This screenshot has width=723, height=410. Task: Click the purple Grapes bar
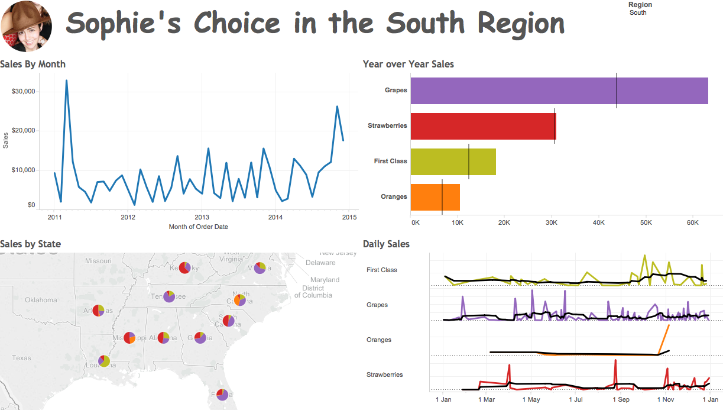point(559,91)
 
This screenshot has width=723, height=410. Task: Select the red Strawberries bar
point(483,126)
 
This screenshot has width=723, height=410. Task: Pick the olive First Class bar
point(453,162)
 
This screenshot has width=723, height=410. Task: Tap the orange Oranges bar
point(435,197)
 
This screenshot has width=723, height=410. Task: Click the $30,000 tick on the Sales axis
point(24,92)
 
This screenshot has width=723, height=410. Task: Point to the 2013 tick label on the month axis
point(202,217)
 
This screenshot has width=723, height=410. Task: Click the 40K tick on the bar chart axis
point(598,222)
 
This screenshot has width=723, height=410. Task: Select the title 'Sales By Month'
point(33,64)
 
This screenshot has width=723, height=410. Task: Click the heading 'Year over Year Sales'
point(408,64)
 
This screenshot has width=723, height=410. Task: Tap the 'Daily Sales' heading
point(386,244)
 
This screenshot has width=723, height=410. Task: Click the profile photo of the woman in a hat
point(26,25)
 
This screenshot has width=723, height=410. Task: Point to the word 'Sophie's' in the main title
point(125,24)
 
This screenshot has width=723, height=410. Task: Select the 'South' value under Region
point(638,12)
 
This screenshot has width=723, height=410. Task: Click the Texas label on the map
point(21,358)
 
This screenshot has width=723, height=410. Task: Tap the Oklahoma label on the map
point(41,300)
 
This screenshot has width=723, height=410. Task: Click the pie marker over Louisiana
point(104,360)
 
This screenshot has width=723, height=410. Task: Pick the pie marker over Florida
point(222,394)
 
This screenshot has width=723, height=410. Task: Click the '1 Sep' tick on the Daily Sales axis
point(621,399)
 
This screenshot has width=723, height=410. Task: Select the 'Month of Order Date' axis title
point(198,227)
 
